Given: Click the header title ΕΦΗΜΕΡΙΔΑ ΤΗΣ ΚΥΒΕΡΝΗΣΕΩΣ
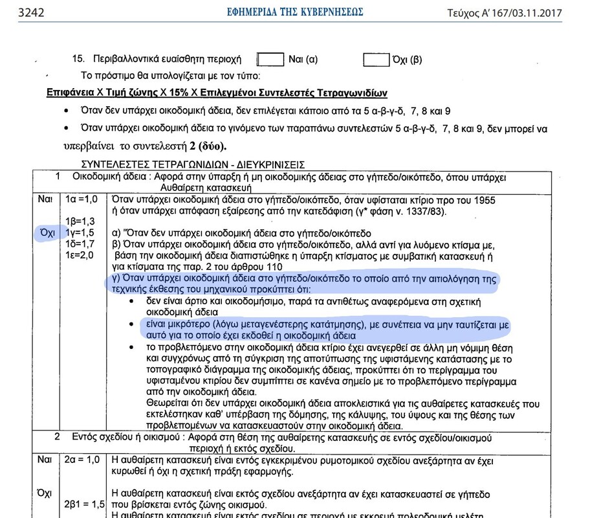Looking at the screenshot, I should (299, 12).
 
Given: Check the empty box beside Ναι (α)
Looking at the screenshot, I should (270, 59).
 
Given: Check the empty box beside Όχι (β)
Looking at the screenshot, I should (376, 60).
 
